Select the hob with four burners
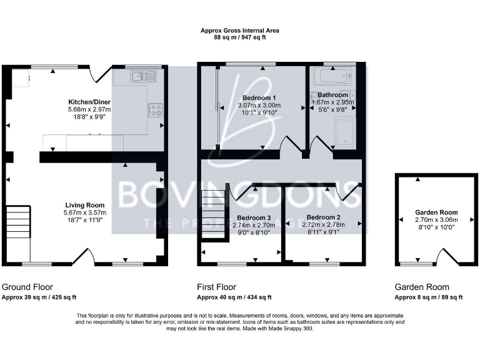(154, 111)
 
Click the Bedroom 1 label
(259, 98)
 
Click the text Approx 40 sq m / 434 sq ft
(234, 297)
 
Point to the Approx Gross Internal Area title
(240, 30)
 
